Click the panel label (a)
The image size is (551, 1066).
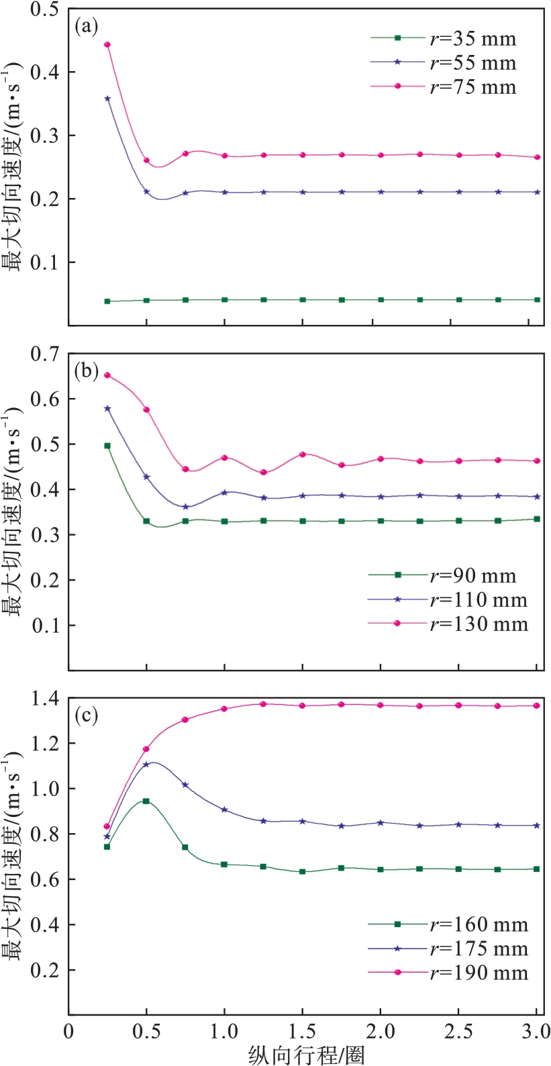(x=87, y=26)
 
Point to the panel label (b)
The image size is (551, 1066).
(x=87, y=371)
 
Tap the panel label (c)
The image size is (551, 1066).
(x=87, y=716)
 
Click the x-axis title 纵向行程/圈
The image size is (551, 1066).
(x=306, y=1055)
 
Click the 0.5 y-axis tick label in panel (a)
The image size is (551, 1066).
(x=44, y=9)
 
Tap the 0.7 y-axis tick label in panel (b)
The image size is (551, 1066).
(x=44, y=354)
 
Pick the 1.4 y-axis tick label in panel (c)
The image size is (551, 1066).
(x=44, y=699)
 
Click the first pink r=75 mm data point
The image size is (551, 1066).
(x=107, y=45)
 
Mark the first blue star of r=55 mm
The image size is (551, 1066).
(x=107, y=99)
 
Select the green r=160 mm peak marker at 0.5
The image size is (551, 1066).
(x=146, y=801)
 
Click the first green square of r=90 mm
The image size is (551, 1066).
(x=107, y=446)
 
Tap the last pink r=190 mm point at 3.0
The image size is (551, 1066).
(x=537, y=706)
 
